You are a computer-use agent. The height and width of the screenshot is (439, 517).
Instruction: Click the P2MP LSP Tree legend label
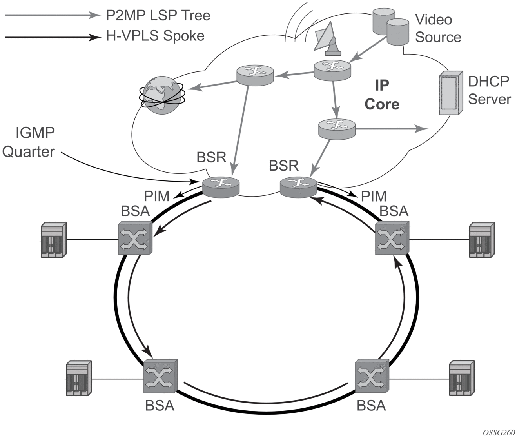pyautogui.click(x=158, y=15)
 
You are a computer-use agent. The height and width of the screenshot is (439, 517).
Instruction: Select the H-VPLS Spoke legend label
pyautogui.click(x=155, y=36)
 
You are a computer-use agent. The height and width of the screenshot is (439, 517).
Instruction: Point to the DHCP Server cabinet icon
pyautogui.click(x=449, y=93)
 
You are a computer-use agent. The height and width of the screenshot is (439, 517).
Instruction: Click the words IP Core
pyautogui.click(x=382, y=95)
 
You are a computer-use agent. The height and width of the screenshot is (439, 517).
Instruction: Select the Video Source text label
pyautogui.click(x=438, y=28)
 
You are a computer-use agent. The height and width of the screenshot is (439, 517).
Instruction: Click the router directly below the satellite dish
pyautogui.click(x=332, y=69)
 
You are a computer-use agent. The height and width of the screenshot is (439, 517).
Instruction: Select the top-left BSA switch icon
pyautogui.click(x=135, y=238)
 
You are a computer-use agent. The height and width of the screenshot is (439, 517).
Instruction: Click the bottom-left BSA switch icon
pyautogui.click(x=160, y=376)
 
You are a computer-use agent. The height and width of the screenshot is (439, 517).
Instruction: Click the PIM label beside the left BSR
pyautogui.click(x=156, y=196)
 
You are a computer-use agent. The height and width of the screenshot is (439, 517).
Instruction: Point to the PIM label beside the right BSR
pyautogui.click(x=374, y=196)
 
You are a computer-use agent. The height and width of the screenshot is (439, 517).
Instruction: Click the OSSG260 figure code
pyautogui.click(x=499, y=432)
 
